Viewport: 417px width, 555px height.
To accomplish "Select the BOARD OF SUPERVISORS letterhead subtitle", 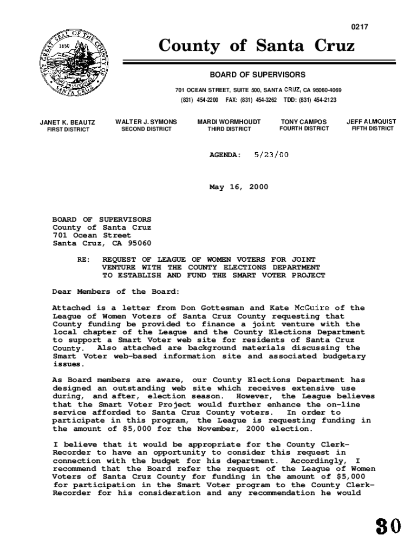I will (x=258, y=74).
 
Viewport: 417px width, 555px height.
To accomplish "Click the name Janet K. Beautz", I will (x=68, y=122).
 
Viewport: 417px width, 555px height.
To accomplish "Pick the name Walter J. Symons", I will (x=146, y=122).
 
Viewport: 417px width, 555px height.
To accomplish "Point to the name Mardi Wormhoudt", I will (x=230, y=122).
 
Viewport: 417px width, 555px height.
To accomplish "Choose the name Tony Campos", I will (x=304, y=122).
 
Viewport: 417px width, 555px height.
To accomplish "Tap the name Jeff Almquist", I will (x=372, y=122).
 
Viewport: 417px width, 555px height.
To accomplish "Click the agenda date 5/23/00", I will (x=271, y=154).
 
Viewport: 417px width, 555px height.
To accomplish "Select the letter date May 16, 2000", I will (x=239, y=187).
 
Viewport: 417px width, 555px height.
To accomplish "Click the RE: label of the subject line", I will (x=83, y=260).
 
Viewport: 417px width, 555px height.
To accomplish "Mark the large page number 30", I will (x=389, y=526).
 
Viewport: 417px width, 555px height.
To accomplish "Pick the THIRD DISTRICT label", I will (x=230, y=130).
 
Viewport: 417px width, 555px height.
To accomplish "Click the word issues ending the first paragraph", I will (x=66, y=365).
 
